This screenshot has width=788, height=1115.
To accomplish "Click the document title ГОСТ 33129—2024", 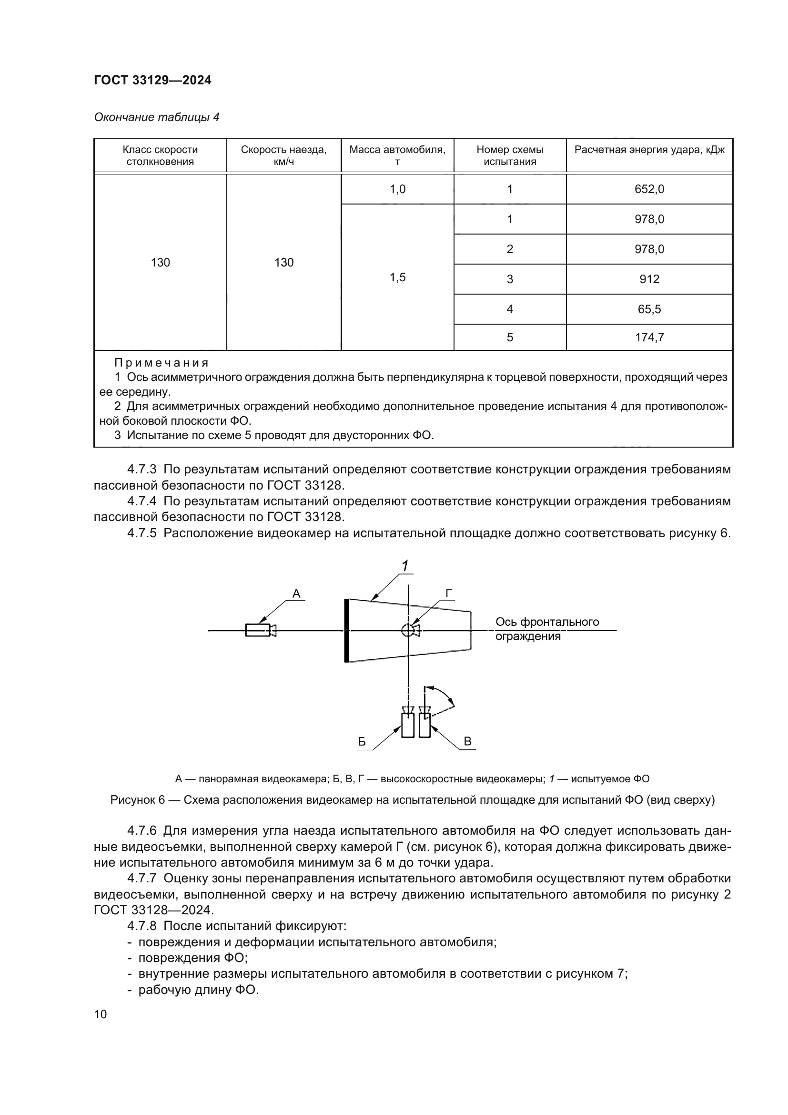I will coord(152,80).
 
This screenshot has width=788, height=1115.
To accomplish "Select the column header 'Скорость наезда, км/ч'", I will coord(283,155).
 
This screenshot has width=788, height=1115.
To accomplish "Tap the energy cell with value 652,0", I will coord(649,189).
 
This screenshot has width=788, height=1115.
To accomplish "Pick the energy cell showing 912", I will coord(649,279).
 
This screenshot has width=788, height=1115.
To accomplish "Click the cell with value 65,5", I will coord(649,309).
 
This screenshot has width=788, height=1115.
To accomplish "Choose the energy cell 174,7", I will coord(649,337).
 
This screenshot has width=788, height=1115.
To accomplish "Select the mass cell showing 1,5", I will coord(397,277).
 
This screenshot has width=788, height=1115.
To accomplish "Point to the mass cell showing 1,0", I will coord(397,189).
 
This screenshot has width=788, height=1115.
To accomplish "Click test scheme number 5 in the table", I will coord(509,337).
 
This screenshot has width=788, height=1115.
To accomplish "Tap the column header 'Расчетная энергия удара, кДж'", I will coord(649,150).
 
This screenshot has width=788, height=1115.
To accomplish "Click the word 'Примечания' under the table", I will coord(162,363).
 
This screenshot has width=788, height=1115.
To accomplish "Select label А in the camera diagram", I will coord(296,593).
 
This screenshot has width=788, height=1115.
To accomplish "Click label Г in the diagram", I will coord(449,593).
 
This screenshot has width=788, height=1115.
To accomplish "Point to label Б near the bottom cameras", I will coord(362,742).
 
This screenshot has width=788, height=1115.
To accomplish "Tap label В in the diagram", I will coord(468,741).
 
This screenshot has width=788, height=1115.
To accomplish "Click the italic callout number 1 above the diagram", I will coord(404,566).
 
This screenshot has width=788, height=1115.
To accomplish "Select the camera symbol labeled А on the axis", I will coord(260,630).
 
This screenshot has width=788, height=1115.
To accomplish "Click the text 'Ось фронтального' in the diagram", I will coord(547,622).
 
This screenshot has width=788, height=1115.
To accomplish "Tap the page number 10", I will coord(101,1014).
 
